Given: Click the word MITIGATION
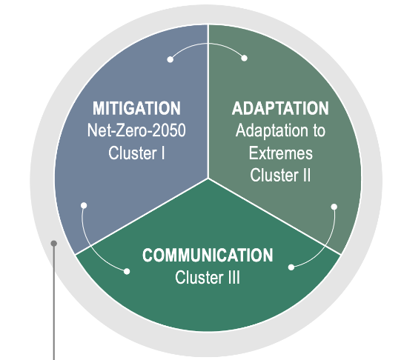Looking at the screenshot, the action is click(136, 108).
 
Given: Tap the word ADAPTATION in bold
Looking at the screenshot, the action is click(280, 108).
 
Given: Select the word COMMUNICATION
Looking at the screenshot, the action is click(208, 256).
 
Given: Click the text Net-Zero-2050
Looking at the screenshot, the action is click(136, 130).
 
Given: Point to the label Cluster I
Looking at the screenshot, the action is click(136, 153).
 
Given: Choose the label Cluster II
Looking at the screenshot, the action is click(280, 175).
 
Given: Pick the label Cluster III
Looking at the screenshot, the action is click(208, 277).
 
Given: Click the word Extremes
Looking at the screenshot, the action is click(281, 153).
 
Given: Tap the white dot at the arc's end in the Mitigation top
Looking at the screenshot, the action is click(170, 59).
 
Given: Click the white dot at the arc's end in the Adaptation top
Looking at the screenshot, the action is click(245, 59).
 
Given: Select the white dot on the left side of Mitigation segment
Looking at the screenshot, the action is click(84, 205).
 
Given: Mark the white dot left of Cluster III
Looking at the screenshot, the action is click(127, 271).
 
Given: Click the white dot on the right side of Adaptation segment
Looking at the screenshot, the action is click(334, 207).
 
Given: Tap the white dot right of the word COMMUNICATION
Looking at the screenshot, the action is click(291, 267).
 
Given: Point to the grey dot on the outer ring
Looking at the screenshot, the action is click(54, 244).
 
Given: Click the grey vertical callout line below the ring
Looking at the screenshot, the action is click(54, 302).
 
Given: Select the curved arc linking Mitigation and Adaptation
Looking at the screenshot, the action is click(208, 44).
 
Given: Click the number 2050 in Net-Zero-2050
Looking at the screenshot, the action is click(169, 130).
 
